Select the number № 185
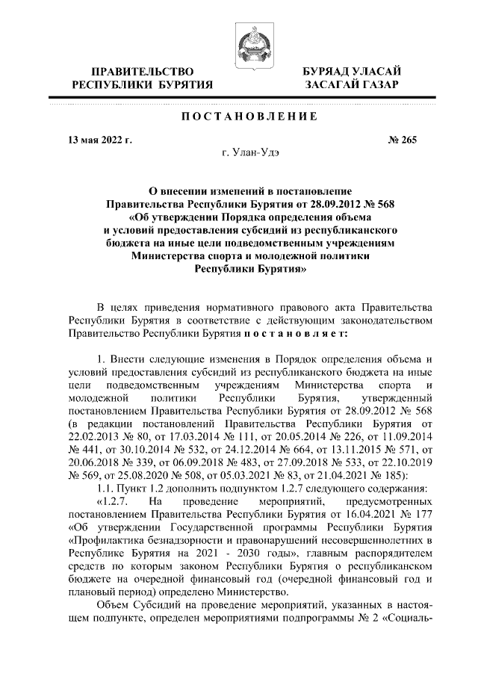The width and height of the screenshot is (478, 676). pos(394,476)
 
